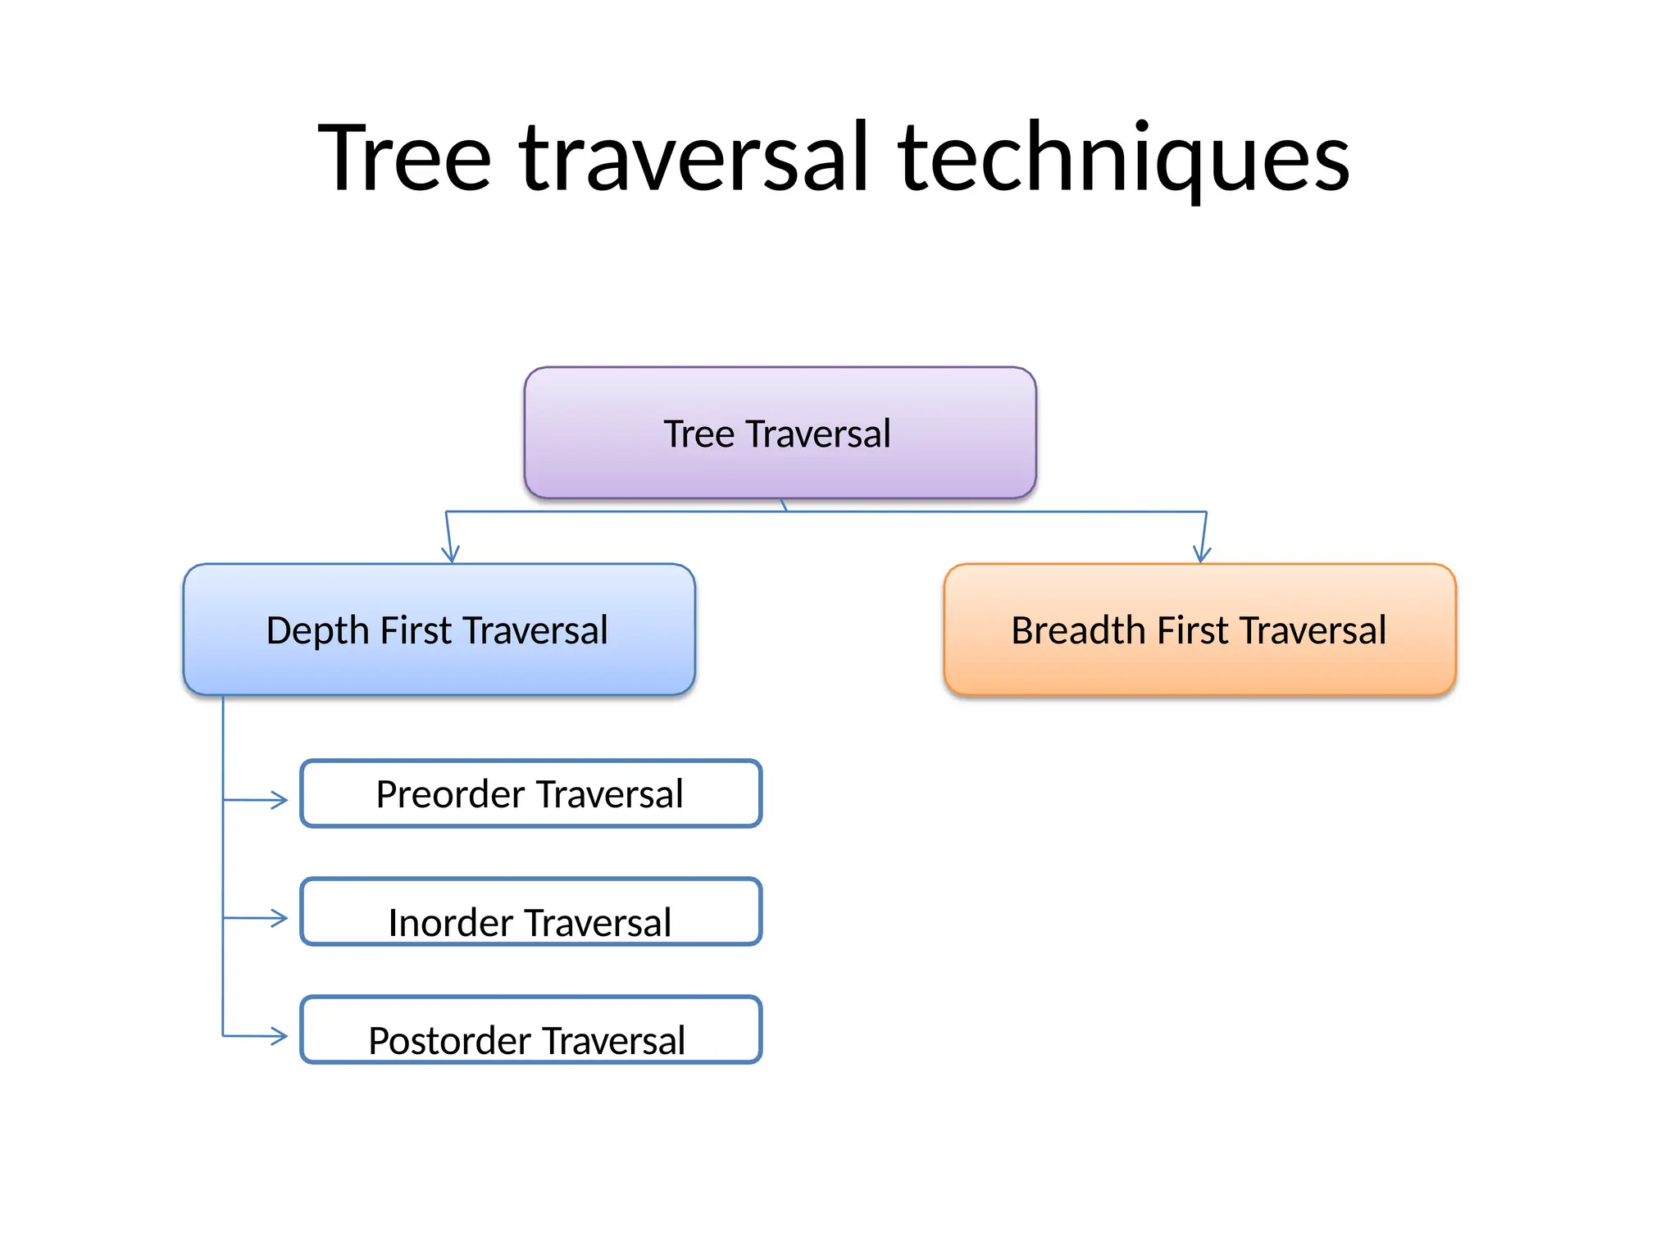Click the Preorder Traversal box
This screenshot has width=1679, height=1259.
(x=530, y=793)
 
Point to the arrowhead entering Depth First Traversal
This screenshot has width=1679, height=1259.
(x=450, y=556)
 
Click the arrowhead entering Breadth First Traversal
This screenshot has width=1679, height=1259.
(x=1202, y=556)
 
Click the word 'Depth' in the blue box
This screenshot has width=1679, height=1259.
(x=317, y=631)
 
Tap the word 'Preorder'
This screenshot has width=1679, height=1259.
(x=450, y=794)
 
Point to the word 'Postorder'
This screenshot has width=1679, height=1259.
(x=449, y=1041)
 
